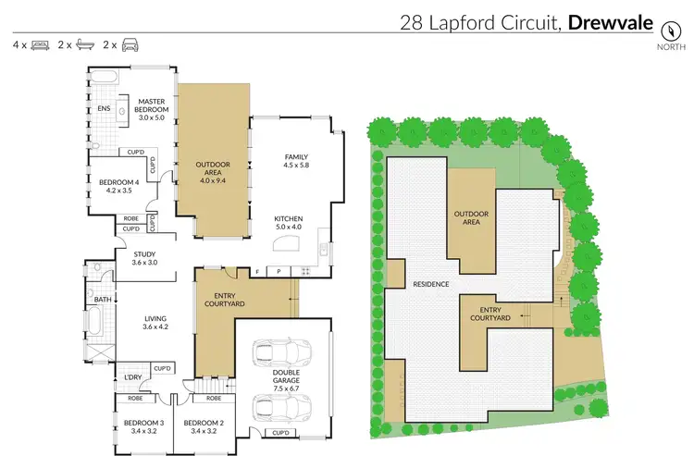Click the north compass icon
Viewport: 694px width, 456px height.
(665, 27)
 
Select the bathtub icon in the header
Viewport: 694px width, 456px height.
(85, 43)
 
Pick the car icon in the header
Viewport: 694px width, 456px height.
(130, 43)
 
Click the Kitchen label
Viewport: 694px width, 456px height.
(288, 220)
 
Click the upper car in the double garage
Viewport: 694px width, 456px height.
(279, 352)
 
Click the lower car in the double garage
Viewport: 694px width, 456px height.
(279, 406)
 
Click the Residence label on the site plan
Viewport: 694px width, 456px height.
(431, 285)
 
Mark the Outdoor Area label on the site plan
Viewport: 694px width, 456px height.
(470, 218)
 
